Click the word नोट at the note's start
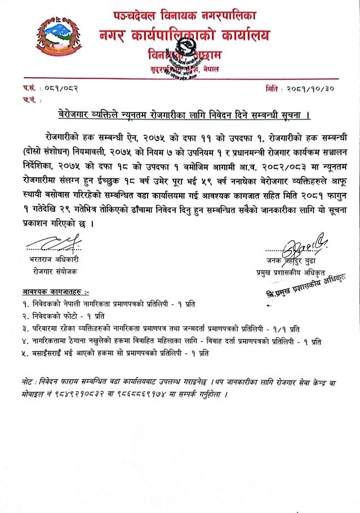click(23, 382)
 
